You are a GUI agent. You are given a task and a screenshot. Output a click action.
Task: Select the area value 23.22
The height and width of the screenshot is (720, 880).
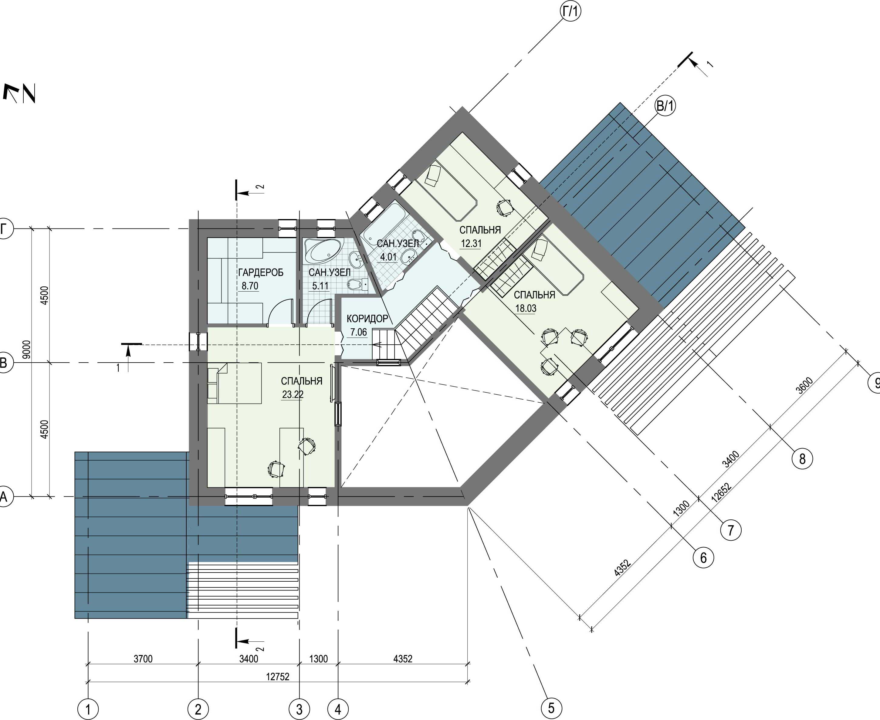click(293, 394)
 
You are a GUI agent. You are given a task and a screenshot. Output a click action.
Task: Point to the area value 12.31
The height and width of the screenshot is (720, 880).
click(471, 243)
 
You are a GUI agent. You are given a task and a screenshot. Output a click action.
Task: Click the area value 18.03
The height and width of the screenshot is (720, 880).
click(526, 308)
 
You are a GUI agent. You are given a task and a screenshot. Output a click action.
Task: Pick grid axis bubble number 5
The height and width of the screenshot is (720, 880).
click(551, 707)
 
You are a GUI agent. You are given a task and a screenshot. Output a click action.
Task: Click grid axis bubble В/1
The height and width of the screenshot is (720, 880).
click(665, 106)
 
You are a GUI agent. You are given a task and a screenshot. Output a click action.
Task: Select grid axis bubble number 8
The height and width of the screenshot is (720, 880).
click(802, 459)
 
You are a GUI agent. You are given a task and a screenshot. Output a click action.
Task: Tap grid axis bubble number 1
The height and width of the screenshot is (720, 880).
click(88, 709)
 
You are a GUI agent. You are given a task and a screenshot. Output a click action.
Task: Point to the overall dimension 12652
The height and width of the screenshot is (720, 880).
click(721, 492)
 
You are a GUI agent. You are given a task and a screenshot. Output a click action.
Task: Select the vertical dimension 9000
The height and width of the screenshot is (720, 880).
click(26, 349)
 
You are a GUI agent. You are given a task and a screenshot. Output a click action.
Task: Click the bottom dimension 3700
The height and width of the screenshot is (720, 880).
click(143, 659)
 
